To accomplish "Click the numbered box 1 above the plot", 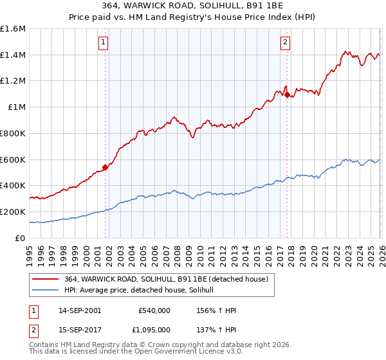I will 104,43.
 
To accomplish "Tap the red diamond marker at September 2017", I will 287,94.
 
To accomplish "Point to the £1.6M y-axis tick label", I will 13,29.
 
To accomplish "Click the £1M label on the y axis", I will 17,107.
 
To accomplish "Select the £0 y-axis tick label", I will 21,238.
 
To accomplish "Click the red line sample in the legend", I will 47,278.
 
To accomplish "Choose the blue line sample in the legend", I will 47,290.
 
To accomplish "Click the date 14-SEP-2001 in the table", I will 80,310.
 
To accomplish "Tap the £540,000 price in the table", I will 154,310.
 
